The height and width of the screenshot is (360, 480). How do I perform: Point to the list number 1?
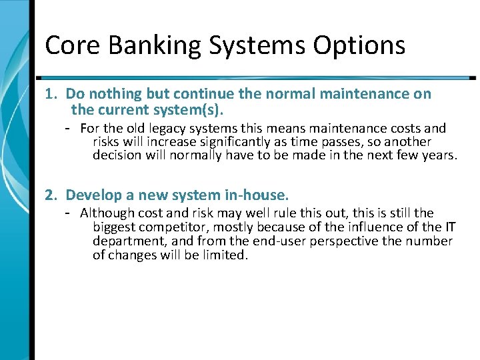tap(50, 94)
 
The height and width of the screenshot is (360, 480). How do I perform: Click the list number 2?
tap(50, 195)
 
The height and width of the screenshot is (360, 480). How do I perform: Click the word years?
tap(441, 156)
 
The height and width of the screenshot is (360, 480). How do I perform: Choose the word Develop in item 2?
tap(92, 195)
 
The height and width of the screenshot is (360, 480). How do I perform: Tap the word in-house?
tap(256, 195)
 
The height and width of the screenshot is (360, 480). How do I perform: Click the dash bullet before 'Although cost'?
tap(68, 213)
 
